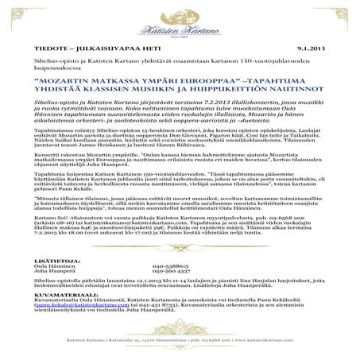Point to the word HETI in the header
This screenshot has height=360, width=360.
point(143,48)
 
